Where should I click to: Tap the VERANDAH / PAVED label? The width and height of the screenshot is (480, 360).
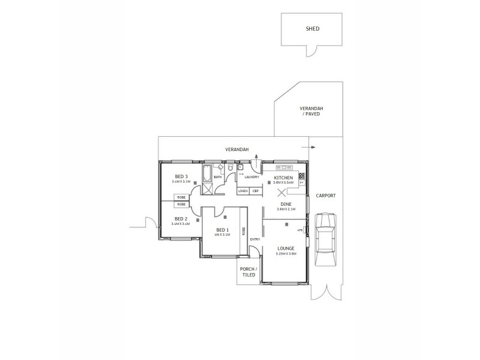[311, 110]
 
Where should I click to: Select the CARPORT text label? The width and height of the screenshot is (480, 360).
[326, 196]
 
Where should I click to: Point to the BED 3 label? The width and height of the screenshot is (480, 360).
[181, 176]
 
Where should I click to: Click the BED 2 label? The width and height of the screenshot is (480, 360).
[181, 219]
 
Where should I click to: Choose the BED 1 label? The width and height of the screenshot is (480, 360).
[222, 230]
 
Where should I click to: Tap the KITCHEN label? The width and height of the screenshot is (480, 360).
[283, 178]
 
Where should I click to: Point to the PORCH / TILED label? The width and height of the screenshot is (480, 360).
[248, 272]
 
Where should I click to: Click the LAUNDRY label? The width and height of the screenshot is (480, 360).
[252, 177]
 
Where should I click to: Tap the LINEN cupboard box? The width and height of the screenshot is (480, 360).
[243, 191]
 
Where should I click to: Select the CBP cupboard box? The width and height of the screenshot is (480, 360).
[255, 191]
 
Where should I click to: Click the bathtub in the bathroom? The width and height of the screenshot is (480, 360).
[207, 176]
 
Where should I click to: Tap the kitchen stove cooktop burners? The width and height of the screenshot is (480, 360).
[302, 176]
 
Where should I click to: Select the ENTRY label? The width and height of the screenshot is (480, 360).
[255, 240]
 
